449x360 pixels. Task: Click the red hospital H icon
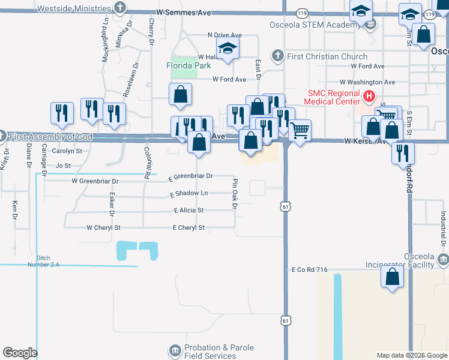pyautogui.click(x=370, y=95)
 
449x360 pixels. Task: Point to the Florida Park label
pyautogui.click(x=188, y=64)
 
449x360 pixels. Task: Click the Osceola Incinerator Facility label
pyautogui.click(x=400, y=260)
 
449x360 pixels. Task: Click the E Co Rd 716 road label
pyautogui.click(x=310, y=270)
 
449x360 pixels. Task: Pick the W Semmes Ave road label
pyautogui.click(x=184, y=12)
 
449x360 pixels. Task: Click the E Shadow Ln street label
pyautogui.click(x=189, y=193)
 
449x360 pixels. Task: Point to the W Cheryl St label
pyautogui.click(x=104, y=228)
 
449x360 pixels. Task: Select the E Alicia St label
pyautogui.click(x=189, y=211)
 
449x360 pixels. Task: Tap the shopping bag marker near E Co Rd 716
pyautogui.click(x=392, y=277)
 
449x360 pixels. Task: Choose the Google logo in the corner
pyautogui.click(x=20, y=353)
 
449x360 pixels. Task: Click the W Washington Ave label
pyautogui.click(x=367, y=82)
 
